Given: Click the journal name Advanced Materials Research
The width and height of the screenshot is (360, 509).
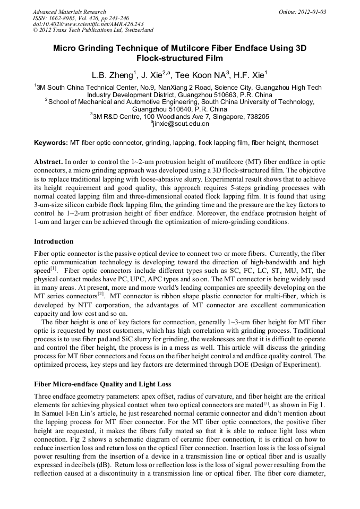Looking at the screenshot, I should [x=69, y=12].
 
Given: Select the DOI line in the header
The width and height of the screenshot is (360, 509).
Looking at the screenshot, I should [x=88, y=24].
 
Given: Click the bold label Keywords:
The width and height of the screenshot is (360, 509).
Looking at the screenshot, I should [x=50, y=143].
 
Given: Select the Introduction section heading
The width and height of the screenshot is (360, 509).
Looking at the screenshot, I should [x=54, y=241].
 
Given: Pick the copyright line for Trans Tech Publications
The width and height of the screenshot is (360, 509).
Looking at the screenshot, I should [x=93, y=30].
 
